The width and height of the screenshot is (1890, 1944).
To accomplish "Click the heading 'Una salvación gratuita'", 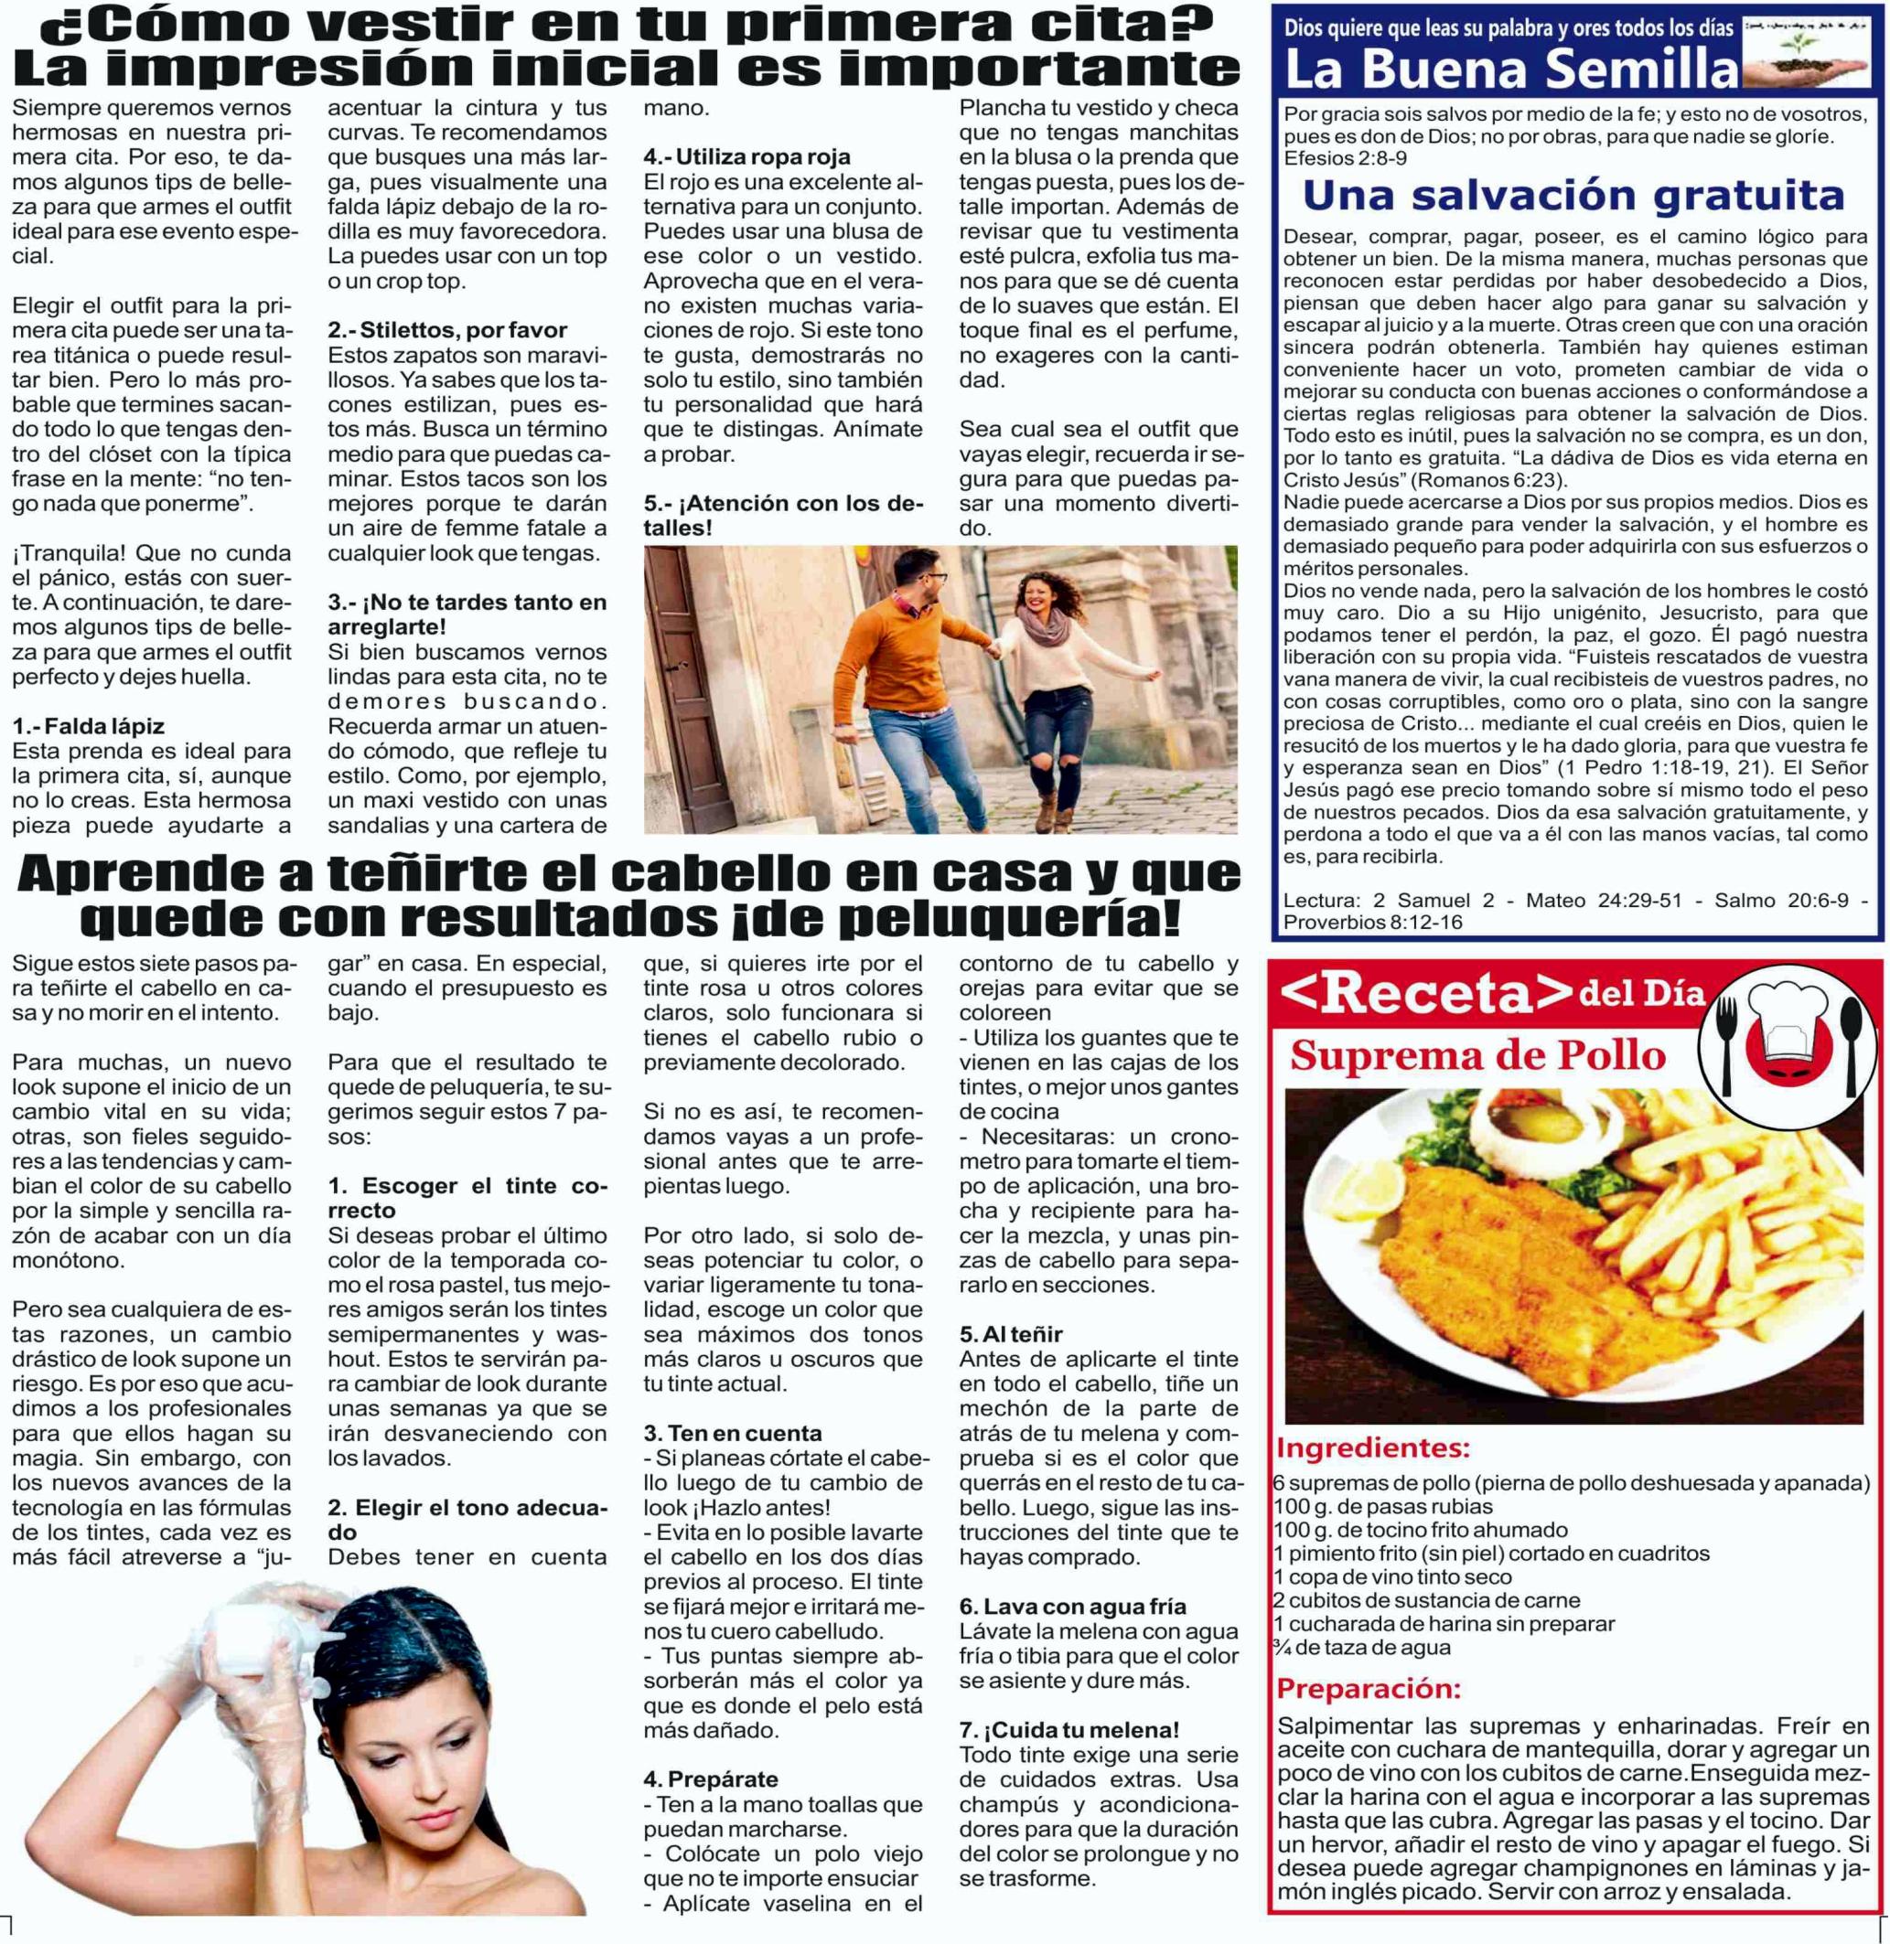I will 1573,197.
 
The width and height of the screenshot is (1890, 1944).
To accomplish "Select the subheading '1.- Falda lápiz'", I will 89,726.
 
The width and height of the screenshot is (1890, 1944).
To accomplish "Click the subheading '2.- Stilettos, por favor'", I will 447,329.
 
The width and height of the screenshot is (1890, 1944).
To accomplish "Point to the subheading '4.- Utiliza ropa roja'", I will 746,156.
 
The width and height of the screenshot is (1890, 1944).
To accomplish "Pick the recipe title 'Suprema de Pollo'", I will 1477,1056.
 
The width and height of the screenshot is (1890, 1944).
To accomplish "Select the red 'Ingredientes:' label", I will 1373,1447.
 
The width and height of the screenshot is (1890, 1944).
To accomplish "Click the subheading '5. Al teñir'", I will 1011,1334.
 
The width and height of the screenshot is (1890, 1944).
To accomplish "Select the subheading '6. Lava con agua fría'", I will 1072,1606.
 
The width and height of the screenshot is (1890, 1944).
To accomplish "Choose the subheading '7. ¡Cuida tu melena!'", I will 1069,1730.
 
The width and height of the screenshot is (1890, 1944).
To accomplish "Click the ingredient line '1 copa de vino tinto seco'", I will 1393,1576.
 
